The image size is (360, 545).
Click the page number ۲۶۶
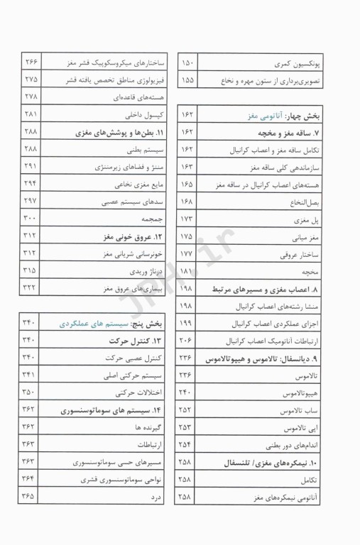click(31, 62)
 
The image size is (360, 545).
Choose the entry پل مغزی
click(310, 219)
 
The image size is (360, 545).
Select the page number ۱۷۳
click(186, 219)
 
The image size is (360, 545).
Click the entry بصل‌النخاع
click(305, 202)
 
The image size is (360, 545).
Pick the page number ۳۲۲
click(31, 288)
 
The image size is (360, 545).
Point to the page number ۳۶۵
click(31, 497)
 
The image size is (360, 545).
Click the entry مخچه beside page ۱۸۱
click(312, 271)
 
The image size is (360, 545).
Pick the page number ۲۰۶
click(186, 341)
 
